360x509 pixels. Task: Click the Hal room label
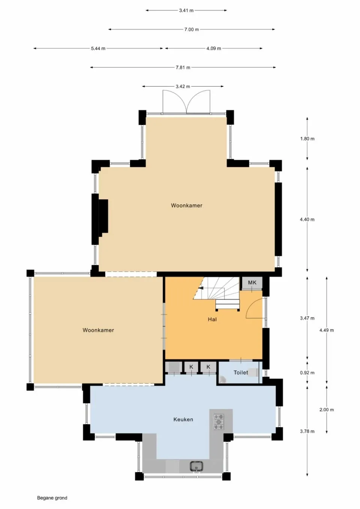[x=212, y=319]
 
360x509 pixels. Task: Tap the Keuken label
[x=183, y=419]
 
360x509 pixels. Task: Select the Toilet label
[x=241, y=373]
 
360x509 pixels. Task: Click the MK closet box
[x=252, y=283]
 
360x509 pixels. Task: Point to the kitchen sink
[x=196, y=466]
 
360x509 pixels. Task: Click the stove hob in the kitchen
[x=219, y=422]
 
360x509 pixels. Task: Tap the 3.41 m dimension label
[x=186, y=10]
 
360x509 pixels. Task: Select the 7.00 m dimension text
[x=191, y=29]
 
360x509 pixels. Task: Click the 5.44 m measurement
[x=98, y=48]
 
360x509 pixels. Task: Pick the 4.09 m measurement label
[x=213, y=48]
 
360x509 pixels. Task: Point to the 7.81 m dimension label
[x=183, y=67]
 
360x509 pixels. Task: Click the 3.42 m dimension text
[x=183, y=87]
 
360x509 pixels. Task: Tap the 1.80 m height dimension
[x=307, y=139]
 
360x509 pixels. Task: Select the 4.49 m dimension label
[x=326, y=330]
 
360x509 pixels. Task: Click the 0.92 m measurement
[x=307, y=373]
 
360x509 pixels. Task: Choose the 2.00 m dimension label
[x=326, y=410]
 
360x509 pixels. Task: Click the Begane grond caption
[x=52, y=498]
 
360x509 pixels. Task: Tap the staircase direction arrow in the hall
[x=201, y=288]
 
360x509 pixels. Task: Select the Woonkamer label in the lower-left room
[x=98, y=330]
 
